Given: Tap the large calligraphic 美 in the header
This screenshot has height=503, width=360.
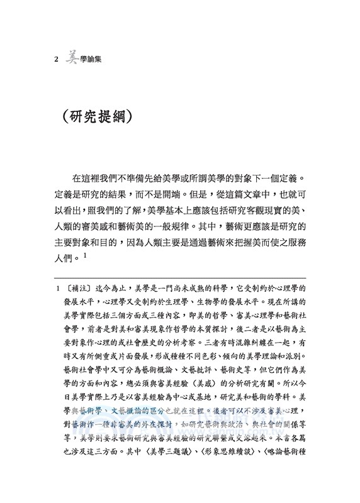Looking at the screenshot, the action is (x=73, y=60).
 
